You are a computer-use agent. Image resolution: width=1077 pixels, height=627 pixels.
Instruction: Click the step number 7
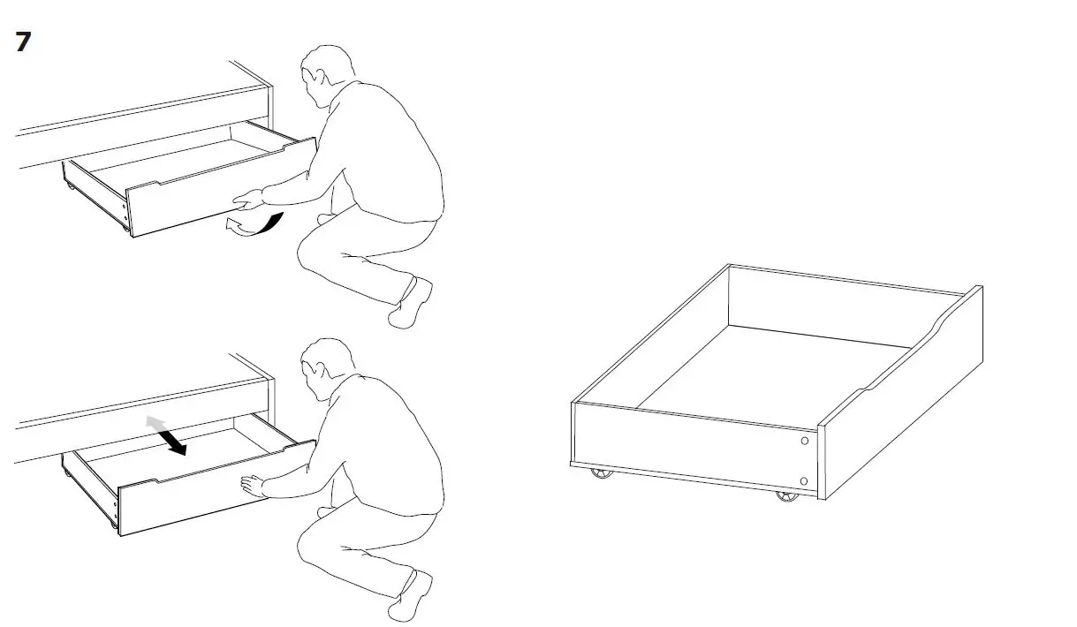pos(23,42)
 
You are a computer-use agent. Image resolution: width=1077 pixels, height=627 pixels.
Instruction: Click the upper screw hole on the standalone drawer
pos(804,441)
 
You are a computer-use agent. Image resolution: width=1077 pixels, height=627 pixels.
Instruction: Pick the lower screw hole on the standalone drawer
pos(803,480)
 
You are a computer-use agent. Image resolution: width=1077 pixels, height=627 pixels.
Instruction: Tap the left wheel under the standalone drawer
pos(602,474)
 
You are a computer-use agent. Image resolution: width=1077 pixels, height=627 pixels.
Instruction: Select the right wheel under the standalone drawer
pos(785,496)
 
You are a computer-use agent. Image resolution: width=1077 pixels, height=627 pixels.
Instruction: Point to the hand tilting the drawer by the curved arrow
pos(249,200)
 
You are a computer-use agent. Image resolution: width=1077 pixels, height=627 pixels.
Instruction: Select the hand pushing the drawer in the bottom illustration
pos(253,483)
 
